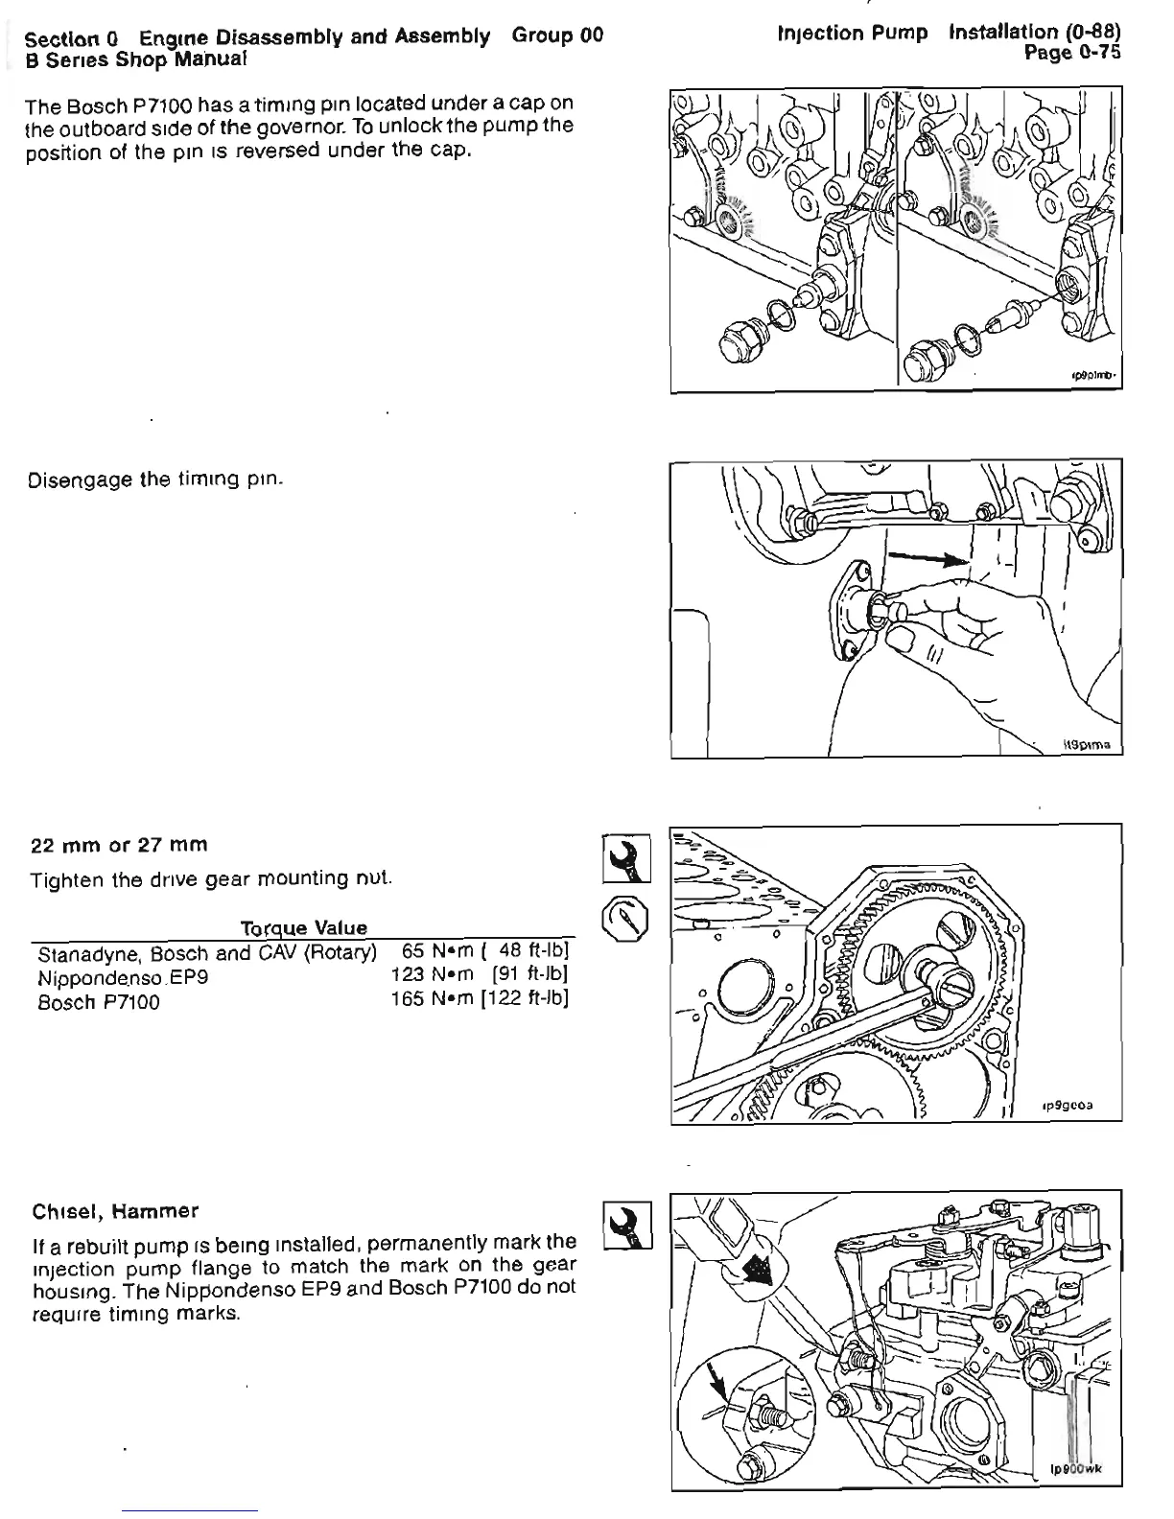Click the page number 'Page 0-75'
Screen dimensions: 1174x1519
[1071, 54]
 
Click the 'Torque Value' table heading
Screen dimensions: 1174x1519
[303, 928]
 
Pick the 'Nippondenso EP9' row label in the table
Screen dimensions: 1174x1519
[123, 978]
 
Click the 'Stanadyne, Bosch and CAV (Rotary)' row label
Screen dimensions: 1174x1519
[206, 953]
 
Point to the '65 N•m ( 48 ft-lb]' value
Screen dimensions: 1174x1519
[487, 951]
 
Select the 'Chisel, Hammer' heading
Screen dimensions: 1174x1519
[115, 1211]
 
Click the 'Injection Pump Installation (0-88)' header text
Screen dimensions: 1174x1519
[949, 34]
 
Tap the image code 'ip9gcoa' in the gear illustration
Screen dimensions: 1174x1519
[1068, 1106]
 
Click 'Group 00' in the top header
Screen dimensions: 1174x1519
[557, 36]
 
